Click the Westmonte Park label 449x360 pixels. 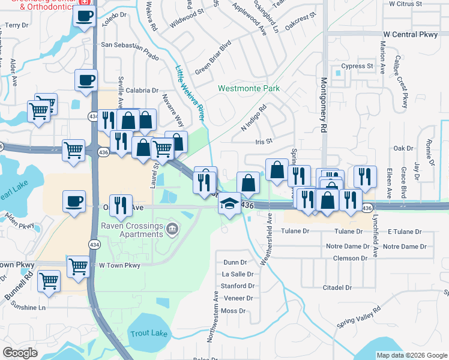click(x=249, y=88)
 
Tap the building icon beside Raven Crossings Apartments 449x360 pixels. click(x=172, y=228)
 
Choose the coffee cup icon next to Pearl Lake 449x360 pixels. click(x=74, y=201)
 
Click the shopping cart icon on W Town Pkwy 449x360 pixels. click(x=79, y=266)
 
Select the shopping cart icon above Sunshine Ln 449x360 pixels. click(x=49, y=280)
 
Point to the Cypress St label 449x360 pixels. click(x=357, y=66)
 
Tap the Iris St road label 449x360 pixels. click(x=264, y=142)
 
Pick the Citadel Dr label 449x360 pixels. click(x=336, y=288)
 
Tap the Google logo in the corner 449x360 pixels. click(x=20, y=353)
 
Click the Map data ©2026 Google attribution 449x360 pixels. click(x=412, y=355)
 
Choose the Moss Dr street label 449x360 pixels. click(x=234, y=311)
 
